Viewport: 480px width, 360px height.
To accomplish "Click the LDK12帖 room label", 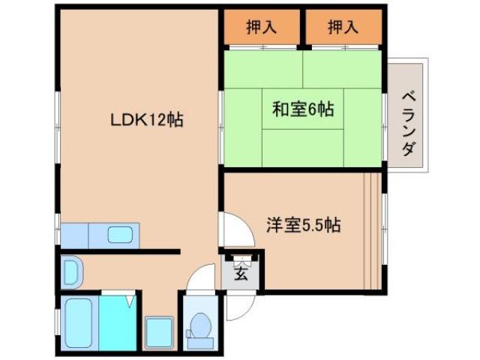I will (148, 118).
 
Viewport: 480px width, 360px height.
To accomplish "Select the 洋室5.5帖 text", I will (304, 224).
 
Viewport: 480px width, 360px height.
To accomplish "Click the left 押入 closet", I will (262, 27).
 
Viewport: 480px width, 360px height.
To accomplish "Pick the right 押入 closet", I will (343, 27).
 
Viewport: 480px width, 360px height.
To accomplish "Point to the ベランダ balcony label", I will (408, 124).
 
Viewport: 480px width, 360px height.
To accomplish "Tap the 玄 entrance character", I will (241, 272).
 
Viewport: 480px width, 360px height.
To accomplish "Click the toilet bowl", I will (200, 325).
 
